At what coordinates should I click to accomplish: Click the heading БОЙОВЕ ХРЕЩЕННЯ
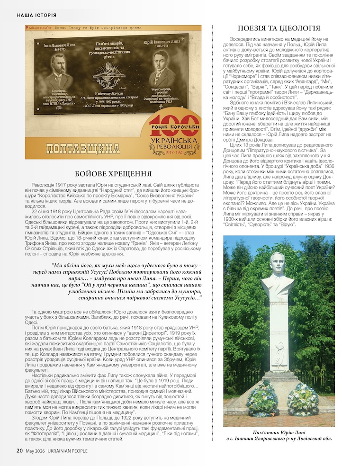(x=114, y=173)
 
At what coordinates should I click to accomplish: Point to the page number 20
(x=19, y=451)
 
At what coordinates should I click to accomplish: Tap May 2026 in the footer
(x=35, y=451)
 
